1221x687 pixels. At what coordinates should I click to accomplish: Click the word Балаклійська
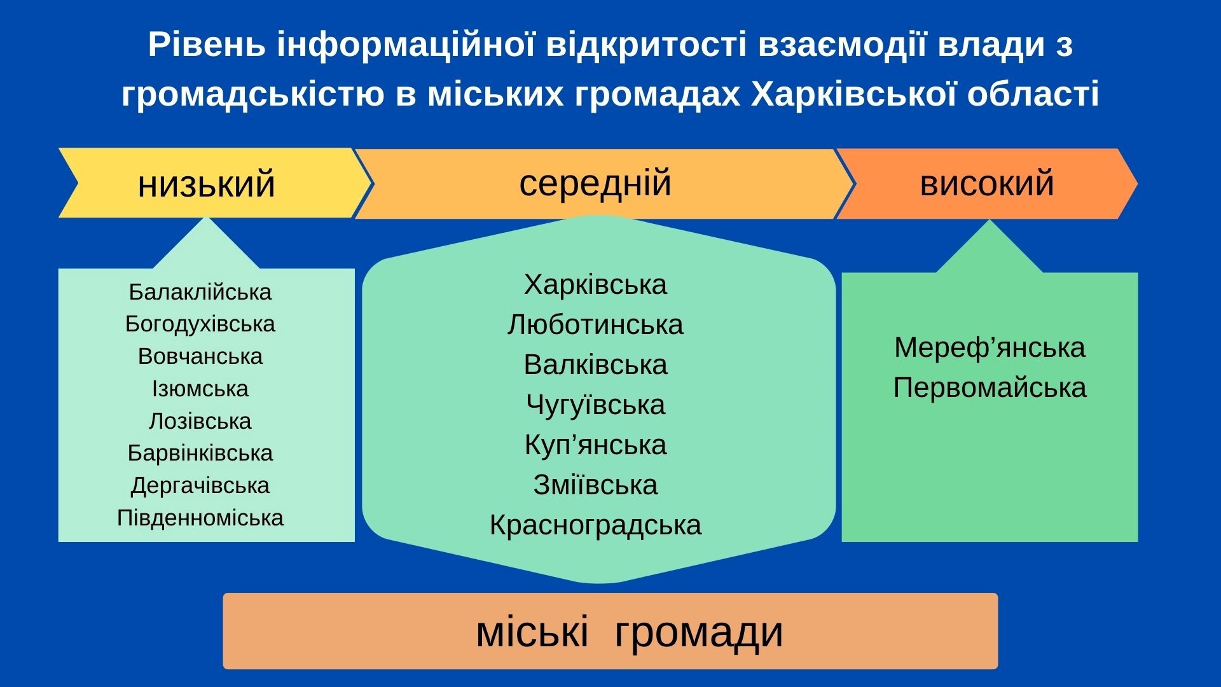click(x=200, y=292)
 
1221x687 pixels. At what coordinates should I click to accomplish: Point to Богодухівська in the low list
click(x=200, y=324)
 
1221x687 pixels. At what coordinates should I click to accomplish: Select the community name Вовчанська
click(x=200, y=356)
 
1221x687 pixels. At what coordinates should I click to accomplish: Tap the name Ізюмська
click(x=200, y=389)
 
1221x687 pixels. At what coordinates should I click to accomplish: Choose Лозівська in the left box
click(x=200, y=421)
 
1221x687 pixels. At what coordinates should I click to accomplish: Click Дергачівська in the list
click(x=200, y=485)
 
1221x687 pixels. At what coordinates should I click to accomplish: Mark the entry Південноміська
click(x=200, y=518)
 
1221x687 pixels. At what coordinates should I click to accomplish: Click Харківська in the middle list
click(x=595, y=284)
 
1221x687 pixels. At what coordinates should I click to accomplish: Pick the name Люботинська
click(x=595, y=324)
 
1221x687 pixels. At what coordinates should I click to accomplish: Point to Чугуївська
click(x=595, y=405)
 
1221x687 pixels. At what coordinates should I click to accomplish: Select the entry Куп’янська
click(x=595, y=445)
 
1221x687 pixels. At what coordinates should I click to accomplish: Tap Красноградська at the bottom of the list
click(x=595, y=525)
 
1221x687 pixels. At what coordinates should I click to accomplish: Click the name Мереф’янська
click(x=990, y=348)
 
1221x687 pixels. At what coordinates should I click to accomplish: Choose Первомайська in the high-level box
click(x=990, y=388)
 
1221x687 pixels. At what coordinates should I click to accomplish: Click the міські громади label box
click(x=610, y=631)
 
